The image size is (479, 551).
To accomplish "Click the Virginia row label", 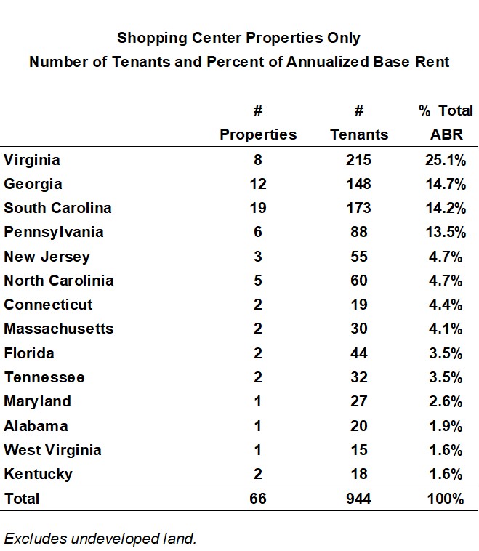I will [31, 159].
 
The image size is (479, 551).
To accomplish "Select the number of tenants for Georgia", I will [359, 184].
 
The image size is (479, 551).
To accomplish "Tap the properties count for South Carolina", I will [257, 208].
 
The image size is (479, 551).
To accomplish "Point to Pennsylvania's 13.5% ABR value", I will [446, 232].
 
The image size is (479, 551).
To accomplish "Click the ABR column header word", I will [446, 134].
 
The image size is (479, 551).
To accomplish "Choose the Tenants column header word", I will [359, 134].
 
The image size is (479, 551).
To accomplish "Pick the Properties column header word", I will [258, 134].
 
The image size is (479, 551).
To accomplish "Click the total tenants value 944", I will [359, 499].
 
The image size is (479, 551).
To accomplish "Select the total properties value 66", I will [257, 499].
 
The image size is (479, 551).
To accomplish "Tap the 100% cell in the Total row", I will [446, 499].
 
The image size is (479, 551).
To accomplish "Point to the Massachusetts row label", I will [59, 329].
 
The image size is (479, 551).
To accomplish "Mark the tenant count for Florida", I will [359, 353].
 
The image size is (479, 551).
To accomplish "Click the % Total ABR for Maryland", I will [446, 401].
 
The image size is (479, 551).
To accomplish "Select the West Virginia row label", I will [52, 450].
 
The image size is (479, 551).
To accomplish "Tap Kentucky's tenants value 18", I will [359, 474].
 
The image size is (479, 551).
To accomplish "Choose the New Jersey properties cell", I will [257, 257].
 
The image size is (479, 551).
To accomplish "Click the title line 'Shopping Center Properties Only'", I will [238, 37].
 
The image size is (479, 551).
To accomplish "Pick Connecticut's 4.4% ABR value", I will [446, 305].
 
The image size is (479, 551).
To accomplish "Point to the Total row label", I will [22, 499].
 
